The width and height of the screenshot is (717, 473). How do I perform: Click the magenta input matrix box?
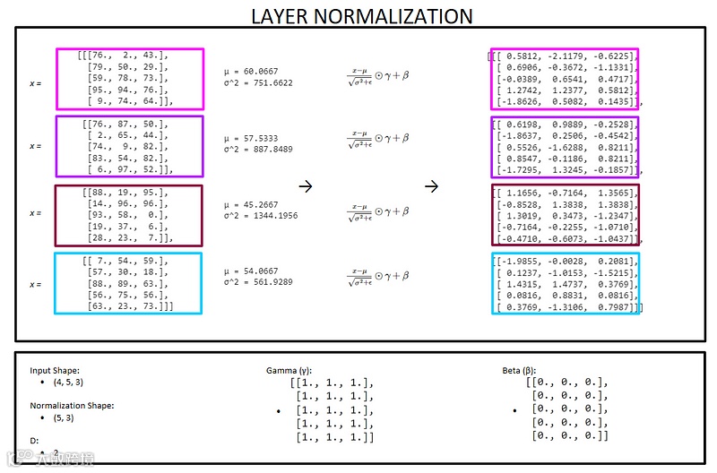pos(130,79)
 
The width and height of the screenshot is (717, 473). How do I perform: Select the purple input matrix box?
pos(130,146)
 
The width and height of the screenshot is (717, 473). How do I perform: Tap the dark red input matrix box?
pos(130,214)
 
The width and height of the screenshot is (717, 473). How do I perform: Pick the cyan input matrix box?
pos(130,283)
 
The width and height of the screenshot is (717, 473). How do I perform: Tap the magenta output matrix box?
pos(565,79)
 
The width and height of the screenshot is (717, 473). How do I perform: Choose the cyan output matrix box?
pos(565,283)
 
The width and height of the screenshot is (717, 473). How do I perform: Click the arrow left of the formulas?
pos(306,186)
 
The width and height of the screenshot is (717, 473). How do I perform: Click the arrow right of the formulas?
pos(432,186)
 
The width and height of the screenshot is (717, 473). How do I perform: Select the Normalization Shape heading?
pos(73,405)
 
